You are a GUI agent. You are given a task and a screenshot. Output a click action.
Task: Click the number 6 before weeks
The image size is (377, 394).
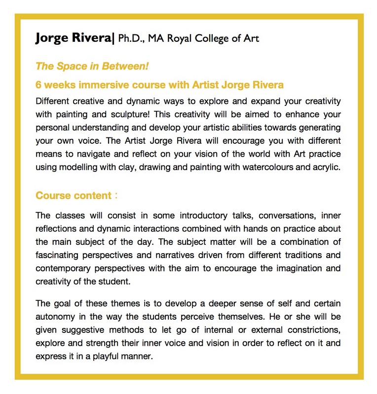[38, 85]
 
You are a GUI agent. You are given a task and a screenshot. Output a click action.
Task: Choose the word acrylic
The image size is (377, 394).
[324, 167]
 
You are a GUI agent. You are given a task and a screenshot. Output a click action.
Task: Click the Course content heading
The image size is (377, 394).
[74, 196]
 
